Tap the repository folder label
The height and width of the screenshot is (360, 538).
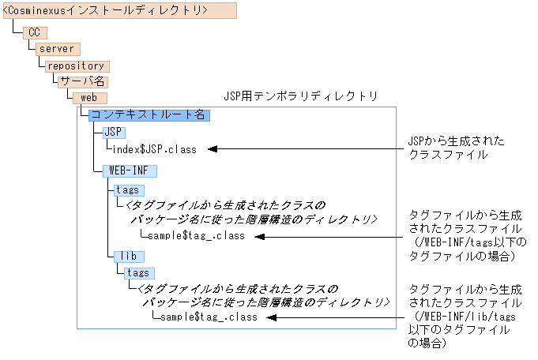click(75, 66)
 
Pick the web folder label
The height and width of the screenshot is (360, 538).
click(89, 98)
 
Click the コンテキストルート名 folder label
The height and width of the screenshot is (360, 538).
click(148, 115)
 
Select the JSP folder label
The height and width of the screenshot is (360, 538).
click(114, 132)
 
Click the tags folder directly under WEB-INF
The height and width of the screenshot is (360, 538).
click(126, 190)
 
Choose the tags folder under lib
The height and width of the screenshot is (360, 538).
click(139, 273)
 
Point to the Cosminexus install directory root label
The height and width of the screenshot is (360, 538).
click(106, 10)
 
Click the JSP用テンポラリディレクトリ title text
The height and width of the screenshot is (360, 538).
click(300, 96)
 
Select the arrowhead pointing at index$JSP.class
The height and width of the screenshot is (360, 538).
click(212, 148)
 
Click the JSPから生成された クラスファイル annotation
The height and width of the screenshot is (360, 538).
click(455, 148)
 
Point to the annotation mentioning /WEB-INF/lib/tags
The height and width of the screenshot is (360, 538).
click(465, 317)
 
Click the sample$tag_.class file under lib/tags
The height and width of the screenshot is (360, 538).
click(208, 317)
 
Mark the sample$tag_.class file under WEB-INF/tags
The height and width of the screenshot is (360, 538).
click(195, 235)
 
